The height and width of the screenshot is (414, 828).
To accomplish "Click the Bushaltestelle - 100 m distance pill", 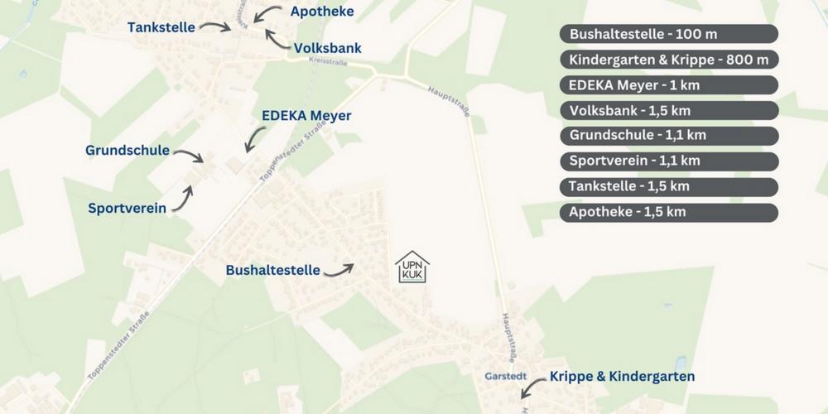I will [x=669, y=34].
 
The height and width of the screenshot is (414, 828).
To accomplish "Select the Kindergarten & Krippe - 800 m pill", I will [x=669, y=60].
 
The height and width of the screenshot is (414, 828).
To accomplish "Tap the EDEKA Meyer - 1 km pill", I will [x=669, y=85].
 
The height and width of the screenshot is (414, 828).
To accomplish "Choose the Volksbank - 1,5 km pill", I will [x=669, y=110].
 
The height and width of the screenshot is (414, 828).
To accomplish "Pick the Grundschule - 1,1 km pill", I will [x=669, y=136].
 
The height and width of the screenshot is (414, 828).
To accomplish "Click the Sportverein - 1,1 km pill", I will [x=669, y=161].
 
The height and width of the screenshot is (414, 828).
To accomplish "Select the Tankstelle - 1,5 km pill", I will [x=669, y=186].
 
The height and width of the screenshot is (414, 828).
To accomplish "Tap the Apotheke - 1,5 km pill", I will [x=669, y=212].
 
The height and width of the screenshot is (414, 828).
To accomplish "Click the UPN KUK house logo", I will [x=412, y=267].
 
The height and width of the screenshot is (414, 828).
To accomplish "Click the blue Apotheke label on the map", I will [x=322, y=11].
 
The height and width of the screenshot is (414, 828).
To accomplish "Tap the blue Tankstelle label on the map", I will [x=161, y=27].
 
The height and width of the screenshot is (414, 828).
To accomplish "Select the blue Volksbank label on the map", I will [x=328, y=49].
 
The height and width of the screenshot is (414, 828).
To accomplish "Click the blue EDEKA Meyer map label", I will [x=306, y=116].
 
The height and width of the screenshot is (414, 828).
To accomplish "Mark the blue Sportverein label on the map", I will [x=127, y=208].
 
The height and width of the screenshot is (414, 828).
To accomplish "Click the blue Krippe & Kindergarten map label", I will [x=622, y=377].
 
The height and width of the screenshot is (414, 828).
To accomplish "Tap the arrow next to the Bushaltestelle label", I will [x=339, y=269].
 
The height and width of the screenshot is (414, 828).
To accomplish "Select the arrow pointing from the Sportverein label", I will [x=183, y=197].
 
